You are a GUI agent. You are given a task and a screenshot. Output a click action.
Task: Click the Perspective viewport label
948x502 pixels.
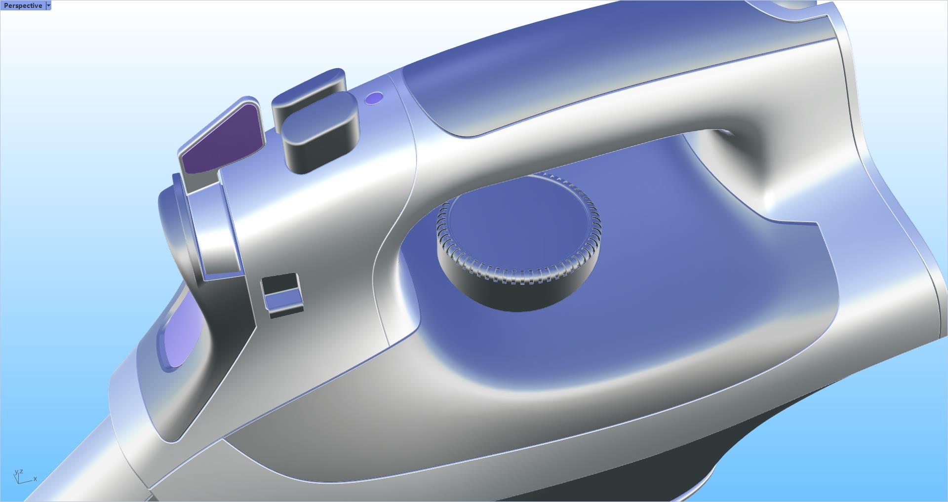(23, 5)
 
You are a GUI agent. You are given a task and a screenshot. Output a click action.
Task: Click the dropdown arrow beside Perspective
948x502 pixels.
(48, 5)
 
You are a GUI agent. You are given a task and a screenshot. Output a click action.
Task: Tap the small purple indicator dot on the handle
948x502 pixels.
(374, 98)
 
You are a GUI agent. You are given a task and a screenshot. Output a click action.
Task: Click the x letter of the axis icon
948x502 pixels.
(35, 479)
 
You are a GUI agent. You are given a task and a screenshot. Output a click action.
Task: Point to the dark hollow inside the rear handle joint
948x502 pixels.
(741, 158)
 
